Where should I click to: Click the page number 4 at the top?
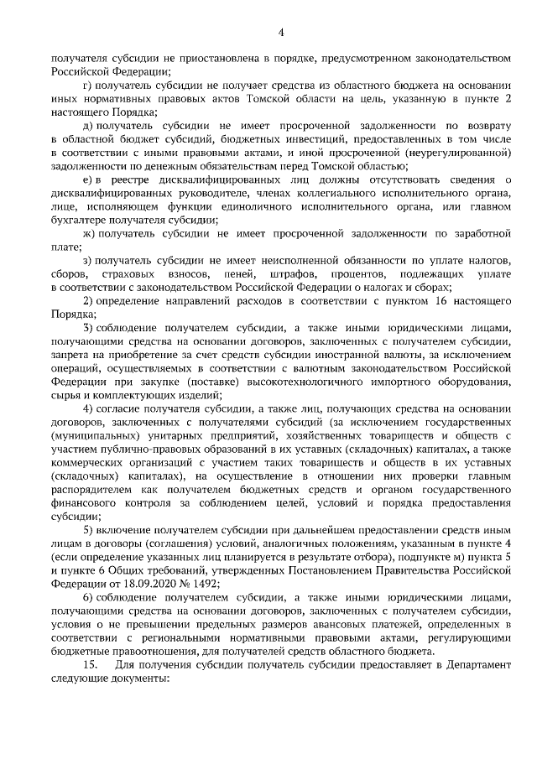pos(282,33)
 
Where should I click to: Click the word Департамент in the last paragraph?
pos(473,665)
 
